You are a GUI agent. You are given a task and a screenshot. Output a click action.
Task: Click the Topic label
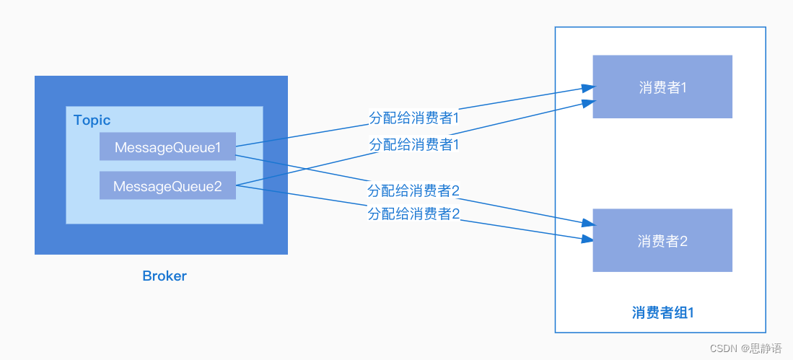click(92, 120)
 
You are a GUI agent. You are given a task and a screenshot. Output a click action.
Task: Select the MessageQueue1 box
click(167, 147)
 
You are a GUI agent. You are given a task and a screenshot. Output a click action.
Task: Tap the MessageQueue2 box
click(167, 186)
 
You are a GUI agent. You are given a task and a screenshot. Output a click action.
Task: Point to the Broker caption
click(165, 276)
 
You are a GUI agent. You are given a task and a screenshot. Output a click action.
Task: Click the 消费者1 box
click(662, 87)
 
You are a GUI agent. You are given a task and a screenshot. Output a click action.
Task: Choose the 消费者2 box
click(662, 241)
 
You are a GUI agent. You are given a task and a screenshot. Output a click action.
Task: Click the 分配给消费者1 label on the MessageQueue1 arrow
click(414, 118)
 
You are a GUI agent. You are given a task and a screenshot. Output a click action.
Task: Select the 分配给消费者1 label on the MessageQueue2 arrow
click(414, 144)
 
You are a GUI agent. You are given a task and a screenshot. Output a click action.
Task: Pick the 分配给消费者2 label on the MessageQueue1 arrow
click(413, 191)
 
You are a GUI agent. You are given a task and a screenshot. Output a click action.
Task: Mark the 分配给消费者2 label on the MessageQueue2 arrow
click(413, 214)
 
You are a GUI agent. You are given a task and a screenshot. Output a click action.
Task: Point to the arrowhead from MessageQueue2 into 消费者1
click(587, 103)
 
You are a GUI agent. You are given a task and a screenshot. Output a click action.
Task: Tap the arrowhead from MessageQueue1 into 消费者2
click(587, 224)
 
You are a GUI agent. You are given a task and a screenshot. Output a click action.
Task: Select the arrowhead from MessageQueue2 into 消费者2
click(587, 239)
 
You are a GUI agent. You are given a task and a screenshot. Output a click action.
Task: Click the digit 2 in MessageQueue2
click(217, 187)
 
